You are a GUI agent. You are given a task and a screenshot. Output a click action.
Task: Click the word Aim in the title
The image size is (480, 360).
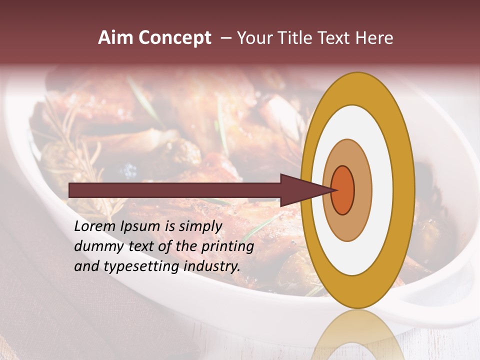coord(116,38)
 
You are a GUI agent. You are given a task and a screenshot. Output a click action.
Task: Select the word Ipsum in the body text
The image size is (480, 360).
coord(139,226)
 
